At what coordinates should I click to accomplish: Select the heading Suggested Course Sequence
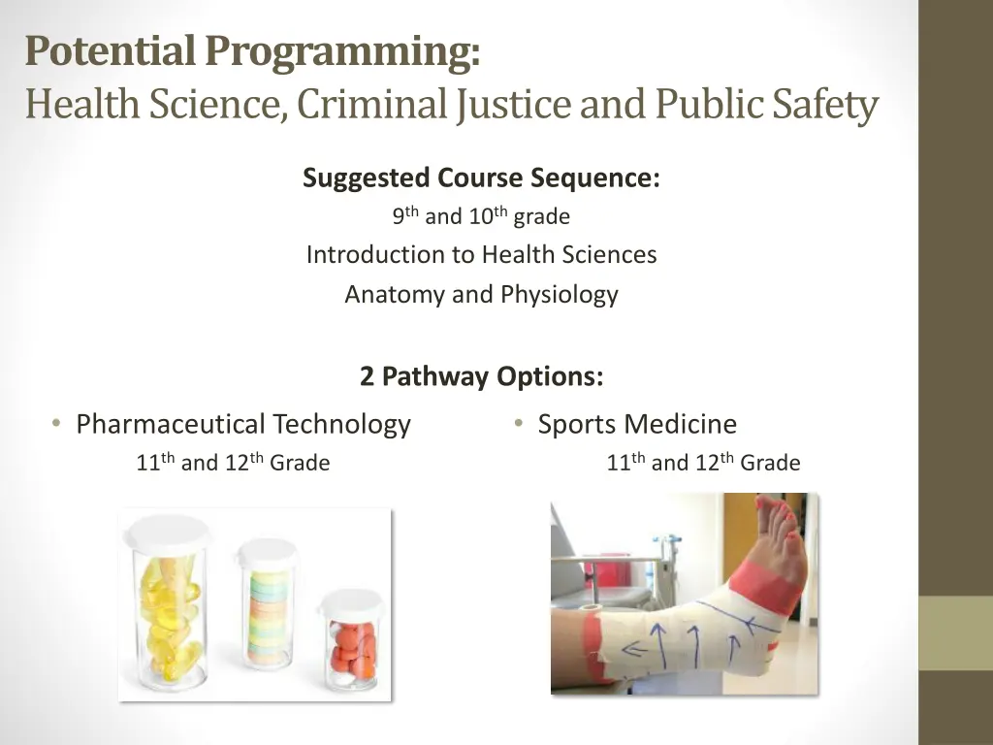[x=481, y=178]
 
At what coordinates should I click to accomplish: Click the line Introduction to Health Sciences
[x=481, y=255]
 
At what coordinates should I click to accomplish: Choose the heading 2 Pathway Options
[x=481, y=376]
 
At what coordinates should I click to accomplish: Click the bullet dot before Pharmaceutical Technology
[x=57, y=424]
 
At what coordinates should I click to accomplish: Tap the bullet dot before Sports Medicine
[x=520, y=424]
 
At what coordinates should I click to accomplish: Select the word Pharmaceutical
[x=171, y=425]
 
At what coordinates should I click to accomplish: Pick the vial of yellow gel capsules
[x=173, y=611]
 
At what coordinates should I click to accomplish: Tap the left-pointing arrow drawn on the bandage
[x=635, y=648]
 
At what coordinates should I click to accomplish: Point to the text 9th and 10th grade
[x=481, y=216]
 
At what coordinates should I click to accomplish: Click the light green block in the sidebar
[x=955, y=632]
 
